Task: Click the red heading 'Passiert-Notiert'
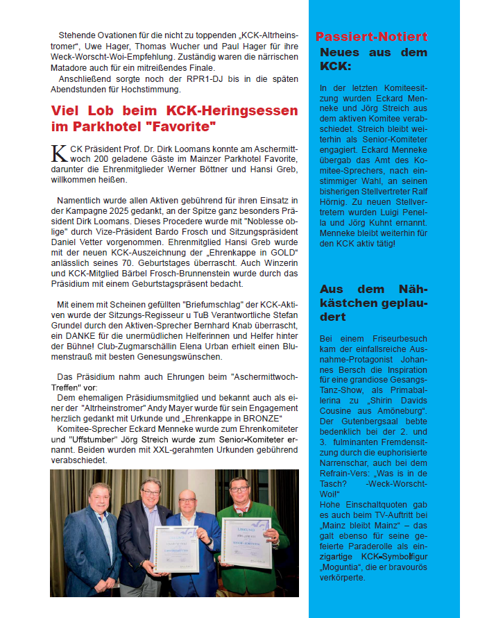(x=371, y=37)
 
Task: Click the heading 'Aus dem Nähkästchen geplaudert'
(x=373, y=302)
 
